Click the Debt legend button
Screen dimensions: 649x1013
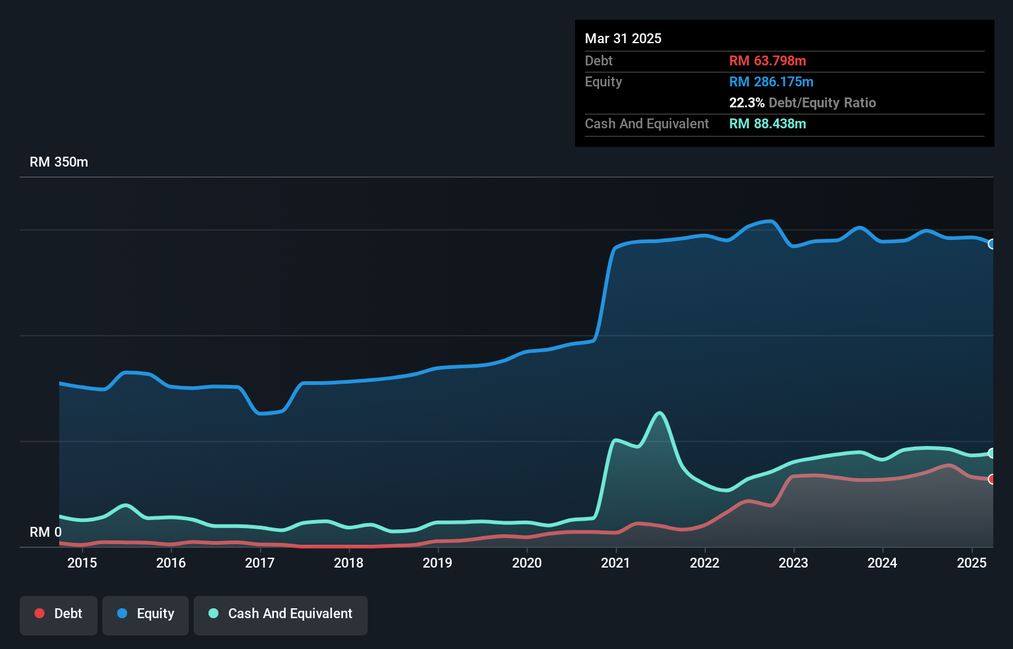click(58, 614)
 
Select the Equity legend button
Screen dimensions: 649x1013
click(146, 614)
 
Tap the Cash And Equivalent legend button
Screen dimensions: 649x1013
click(281, 614)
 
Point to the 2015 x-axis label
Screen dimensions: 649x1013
click(82, 563)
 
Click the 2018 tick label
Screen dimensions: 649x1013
click(349, 563)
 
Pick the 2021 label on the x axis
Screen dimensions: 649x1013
click(616, 563)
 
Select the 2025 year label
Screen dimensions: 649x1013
click(972, 563)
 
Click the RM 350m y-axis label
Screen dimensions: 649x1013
click(59, 162)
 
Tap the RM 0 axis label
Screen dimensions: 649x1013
click(46, 532)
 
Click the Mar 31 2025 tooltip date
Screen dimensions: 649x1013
click(623, 39)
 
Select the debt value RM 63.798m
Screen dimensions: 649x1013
click(767, 61)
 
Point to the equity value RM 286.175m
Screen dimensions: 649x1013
click(771, 82)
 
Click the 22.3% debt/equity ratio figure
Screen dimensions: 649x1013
click(746, 103)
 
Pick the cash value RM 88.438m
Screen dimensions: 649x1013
click(767, 124)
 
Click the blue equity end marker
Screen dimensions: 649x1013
click(992, 244)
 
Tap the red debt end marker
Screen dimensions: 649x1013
click(992, 479)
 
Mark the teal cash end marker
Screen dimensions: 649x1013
click(992, 453)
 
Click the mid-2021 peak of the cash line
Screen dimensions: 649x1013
click(660, 413)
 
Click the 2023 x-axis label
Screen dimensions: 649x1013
click(793, 563)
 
